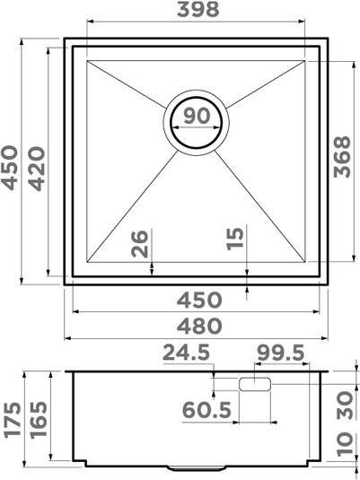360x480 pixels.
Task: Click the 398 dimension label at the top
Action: click(x=198, y=10)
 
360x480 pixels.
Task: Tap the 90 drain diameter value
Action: click(x=197, y=116)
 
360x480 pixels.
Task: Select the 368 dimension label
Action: click(x=342, y=157)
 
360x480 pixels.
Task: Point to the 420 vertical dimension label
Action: click(x=37, y=169)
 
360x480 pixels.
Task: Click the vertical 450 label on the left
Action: click(x=9, y=168)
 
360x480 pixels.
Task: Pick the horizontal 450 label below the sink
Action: click(x=199, y=300)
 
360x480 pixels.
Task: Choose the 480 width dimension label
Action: click(x=199, y=327)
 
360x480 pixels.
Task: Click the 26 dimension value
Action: click(x=140, y=244)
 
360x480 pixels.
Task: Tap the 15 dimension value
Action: click(x=235, y=239)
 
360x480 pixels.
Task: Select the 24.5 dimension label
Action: click(x=186, y=353)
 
